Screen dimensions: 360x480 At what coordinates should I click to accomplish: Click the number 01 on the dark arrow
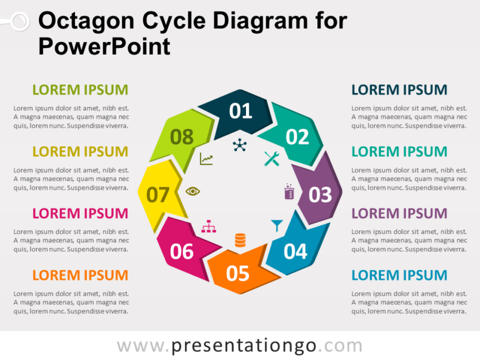point(241,111)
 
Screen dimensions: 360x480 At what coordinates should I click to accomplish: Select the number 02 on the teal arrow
point(296,137)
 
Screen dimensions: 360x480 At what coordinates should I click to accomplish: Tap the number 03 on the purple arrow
point(320,194)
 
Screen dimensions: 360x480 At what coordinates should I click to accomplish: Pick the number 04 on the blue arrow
point(295,251)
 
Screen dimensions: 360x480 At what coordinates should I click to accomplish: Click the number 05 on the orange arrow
point(238,274)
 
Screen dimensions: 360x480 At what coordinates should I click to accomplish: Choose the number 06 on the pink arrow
point(181,251)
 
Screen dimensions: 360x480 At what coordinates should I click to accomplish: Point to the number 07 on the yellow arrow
point(158,195)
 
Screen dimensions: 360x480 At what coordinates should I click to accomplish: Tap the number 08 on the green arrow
point(181,137)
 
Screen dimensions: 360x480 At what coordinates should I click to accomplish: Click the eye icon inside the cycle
point(193,191)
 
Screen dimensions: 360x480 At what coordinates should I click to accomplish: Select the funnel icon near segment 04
point(276,226)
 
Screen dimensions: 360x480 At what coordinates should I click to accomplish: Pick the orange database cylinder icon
point(240,240)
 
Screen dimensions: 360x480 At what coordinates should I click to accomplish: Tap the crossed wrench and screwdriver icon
point(272,158)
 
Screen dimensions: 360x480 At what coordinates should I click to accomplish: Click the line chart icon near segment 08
point(206,159)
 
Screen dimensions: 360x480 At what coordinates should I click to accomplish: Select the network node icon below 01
point(240,145)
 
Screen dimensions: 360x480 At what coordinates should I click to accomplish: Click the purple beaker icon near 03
point(289,191)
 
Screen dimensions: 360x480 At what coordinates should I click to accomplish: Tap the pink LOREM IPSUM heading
point(80,213)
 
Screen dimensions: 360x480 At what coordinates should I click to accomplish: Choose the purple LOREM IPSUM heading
point(399,213)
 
